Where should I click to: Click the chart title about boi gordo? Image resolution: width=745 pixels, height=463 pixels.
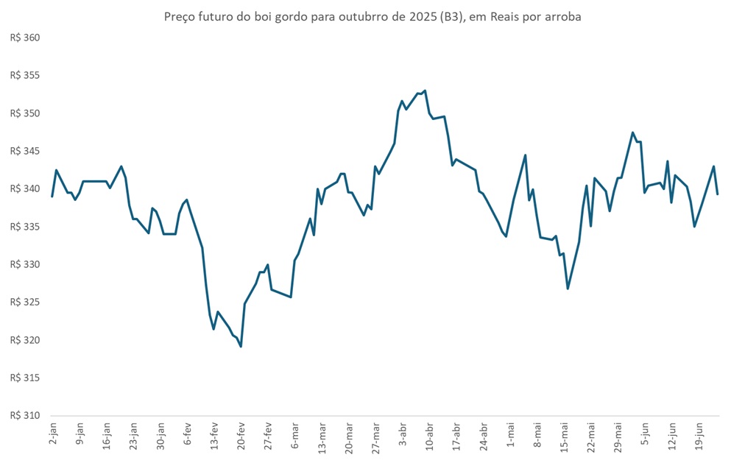point(372,16)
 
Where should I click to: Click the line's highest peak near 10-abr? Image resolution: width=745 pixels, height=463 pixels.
point(426,91)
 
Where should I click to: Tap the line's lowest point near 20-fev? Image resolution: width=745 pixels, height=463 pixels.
point(241,346)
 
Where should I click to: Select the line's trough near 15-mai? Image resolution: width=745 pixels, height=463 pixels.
point(568,288)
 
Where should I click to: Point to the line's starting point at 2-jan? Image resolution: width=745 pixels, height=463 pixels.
point(52,197)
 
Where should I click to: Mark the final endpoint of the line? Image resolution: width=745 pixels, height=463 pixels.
point(718,194)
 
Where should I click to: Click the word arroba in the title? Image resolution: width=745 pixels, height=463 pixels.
point(562,16)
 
